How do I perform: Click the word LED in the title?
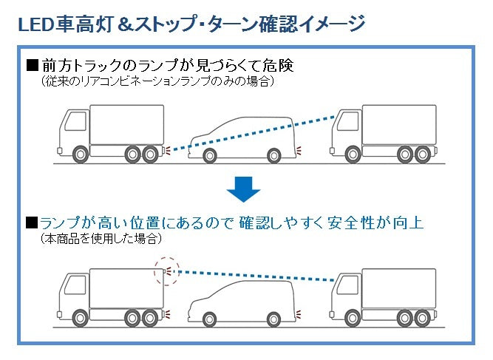coord(34,24)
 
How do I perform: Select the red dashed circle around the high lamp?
coord(167,273)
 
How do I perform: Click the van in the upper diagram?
coord(244,137)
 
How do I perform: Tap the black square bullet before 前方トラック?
coord(31,66)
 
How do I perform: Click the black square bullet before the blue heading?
coord(31,223)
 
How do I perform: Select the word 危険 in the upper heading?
coord(279,66)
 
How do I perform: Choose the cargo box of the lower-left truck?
coord(126,283)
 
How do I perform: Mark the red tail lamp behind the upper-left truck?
coord(169,150)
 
